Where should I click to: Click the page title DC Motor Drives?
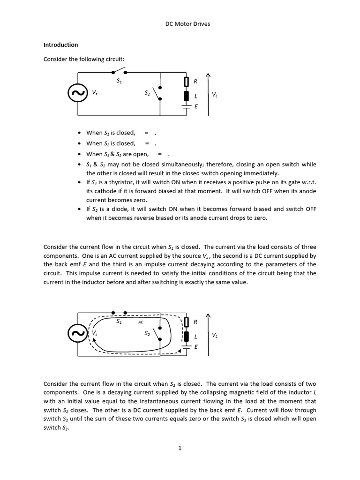pos(187,24)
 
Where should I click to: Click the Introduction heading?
pos(60,45)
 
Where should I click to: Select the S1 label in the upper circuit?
pos(119,81)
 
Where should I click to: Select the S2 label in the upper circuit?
pos(147,93)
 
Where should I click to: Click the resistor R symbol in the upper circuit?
pos(186,82)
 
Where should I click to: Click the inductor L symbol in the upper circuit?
pos(186,96)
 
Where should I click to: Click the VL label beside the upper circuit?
pos(214,94)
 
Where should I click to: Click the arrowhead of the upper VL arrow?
pos(208,75)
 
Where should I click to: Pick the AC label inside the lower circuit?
pos(141,322)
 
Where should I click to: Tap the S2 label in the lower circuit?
pos(147,334)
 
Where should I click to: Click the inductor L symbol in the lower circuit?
pos(186,336)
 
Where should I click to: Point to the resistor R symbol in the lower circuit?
pos(186,322)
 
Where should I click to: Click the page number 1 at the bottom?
pos(180,448)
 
